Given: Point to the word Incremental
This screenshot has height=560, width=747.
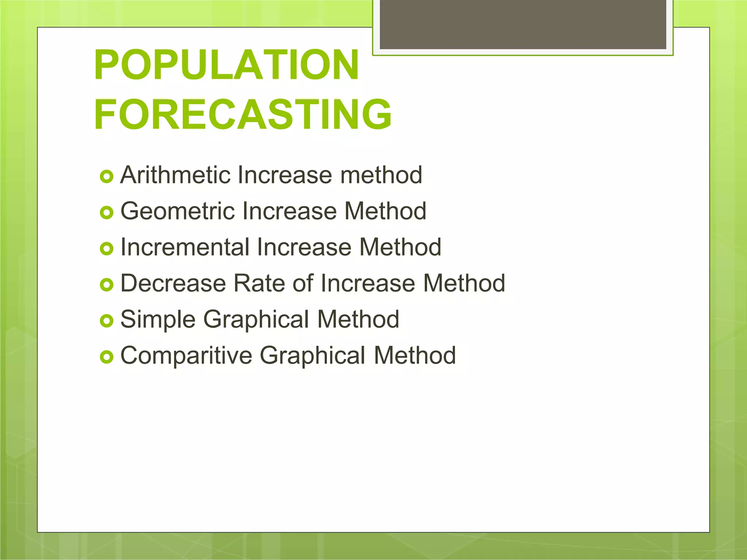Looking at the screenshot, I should tap(185, 247).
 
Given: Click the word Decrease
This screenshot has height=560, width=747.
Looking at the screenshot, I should tap(173, 283).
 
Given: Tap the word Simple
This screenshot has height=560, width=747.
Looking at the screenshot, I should tap(158, 319).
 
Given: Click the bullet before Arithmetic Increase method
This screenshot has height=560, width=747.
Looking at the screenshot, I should tap(107, 177).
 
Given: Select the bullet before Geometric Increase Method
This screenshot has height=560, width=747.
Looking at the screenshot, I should tap(107, 213).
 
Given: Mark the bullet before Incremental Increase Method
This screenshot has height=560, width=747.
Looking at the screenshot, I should tap(107, 249).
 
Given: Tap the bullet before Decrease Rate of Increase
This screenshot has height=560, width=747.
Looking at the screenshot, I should tap(107, 285).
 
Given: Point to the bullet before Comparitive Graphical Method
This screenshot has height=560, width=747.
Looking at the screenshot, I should tap(107, 357).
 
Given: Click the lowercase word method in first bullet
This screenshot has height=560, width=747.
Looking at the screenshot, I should tap(381, 175).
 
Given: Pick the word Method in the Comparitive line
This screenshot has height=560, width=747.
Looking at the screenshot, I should tap(415, 355).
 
